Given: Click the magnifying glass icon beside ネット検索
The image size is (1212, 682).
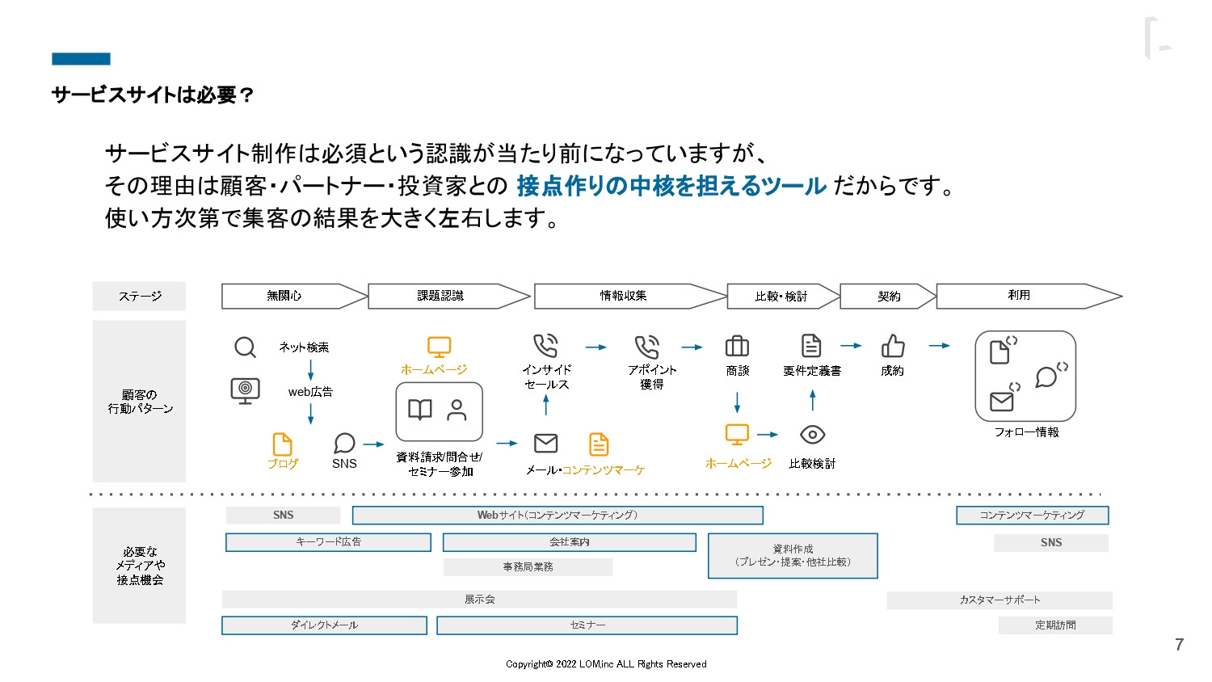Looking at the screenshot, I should (245, 347).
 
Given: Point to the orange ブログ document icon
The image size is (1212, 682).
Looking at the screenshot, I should (282, 444).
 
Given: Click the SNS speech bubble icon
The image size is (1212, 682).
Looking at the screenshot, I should (344, 443).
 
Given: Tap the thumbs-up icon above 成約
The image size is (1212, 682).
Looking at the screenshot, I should (892, 347).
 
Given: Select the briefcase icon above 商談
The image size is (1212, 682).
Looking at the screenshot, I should (737, 347).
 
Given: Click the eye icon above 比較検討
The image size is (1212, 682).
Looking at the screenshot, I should (812, 435).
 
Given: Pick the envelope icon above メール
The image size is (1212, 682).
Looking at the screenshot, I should (546, 443).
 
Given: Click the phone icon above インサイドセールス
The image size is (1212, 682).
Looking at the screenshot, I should (545, 346).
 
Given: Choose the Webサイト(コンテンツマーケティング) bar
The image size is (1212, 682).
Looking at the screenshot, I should (558, 515).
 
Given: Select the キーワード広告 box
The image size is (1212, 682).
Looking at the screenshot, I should (328, 542).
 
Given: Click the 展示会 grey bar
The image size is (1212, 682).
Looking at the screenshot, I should (479, 600).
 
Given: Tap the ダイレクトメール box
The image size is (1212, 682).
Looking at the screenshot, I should (324, 625).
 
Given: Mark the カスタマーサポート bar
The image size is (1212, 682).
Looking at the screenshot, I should (999, 600).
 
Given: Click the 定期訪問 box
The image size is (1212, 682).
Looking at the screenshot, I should (1055, 625).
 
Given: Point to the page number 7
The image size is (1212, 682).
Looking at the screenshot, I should (1179, 645).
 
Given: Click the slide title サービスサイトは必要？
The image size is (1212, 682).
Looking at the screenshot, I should (154, 95).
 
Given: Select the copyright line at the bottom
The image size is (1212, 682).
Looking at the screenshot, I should (606, 664).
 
